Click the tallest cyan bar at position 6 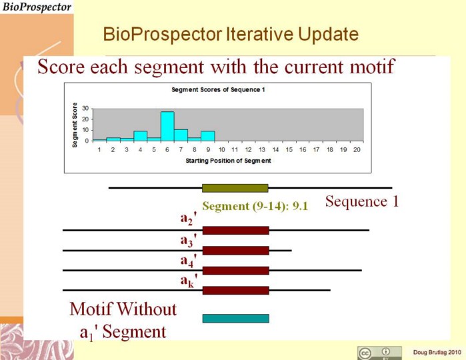167,126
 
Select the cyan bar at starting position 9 208,136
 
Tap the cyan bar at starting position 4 140,136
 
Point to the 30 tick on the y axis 85,109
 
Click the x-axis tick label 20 357,149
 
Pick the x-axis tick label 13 262,149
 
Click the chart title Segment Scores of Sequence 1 218,90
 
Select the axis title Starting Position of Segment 228,161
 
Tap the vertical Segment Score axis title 75,125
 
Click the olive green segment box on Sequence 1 235,188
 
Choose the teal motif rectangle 236,319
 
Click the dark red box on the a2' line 236,231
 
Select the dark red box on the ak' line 236,291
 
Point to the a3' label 189,240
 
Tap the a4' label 189,261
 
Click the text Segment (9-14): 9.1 255,206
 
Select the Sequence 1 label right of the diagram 362,201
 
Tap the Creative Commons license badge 379,353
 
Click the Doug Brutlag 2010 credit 437,353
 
